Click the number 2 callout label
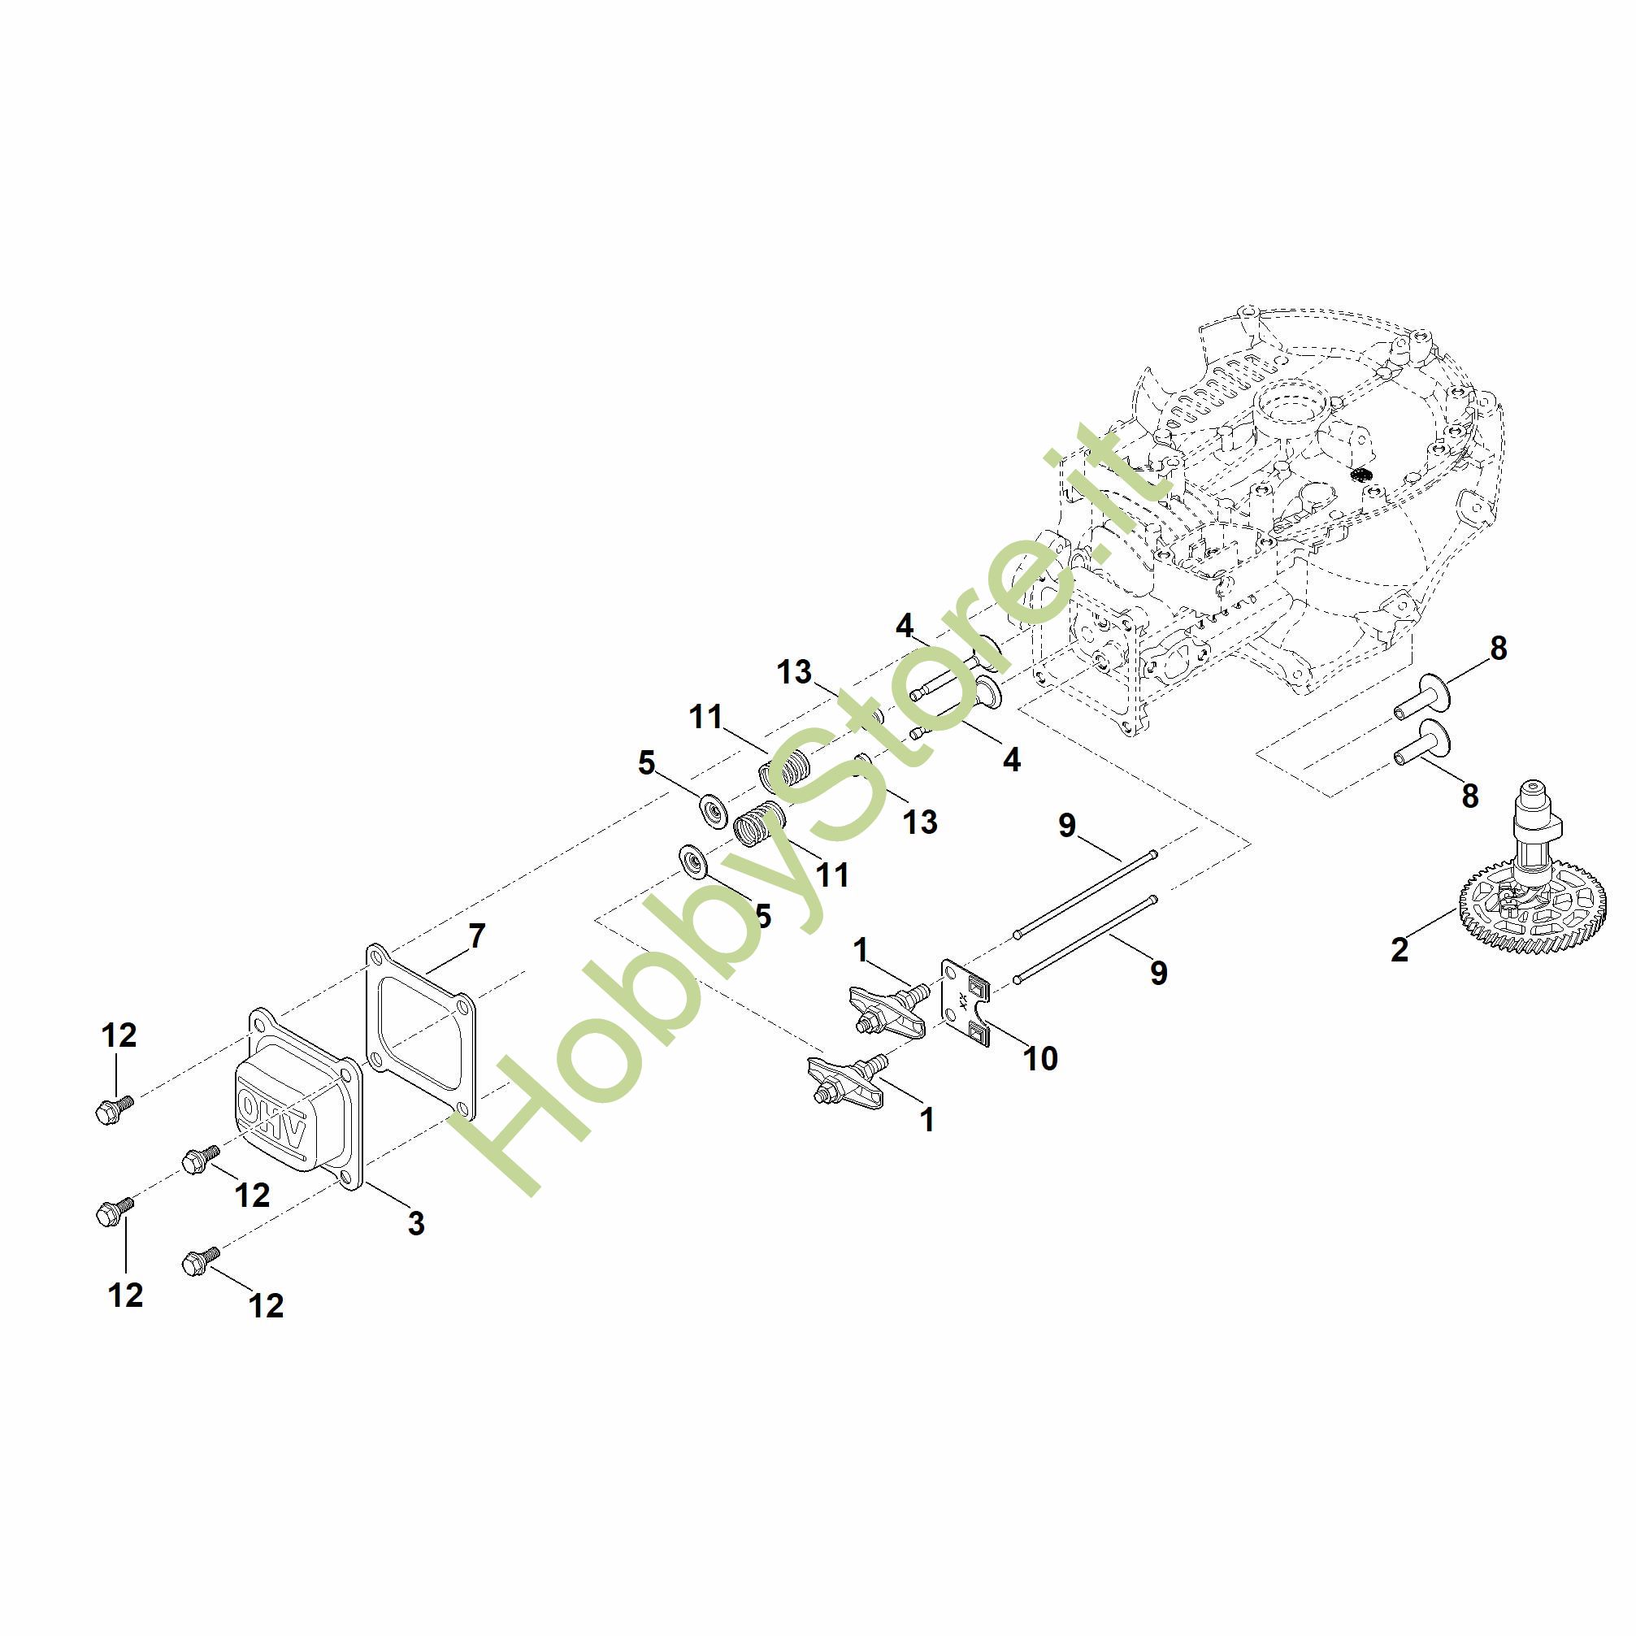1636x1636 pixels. pos(1399,949)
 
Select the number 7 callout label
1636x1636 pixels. pos(477,935)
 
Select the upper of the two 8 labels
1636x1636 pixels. pos(1498,649)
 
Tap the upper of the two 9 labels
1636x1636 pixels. pos(1066,824)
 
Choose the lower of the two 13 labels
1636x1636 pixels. pos(920,822)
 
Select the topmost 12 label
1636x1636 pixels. pos(119,1035)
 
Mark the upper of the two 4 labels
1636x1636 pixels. pos(905,626)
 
